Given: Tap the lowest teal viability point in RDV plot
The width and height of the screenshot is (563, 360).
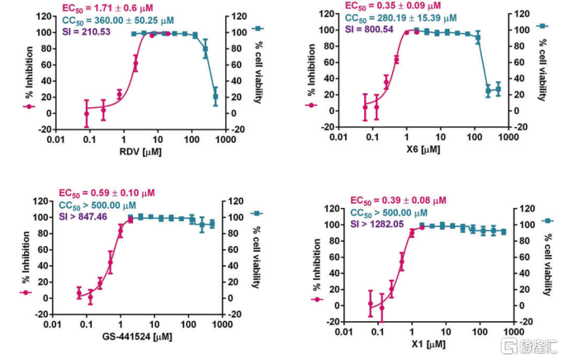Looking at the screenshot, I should coord(215,97).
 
